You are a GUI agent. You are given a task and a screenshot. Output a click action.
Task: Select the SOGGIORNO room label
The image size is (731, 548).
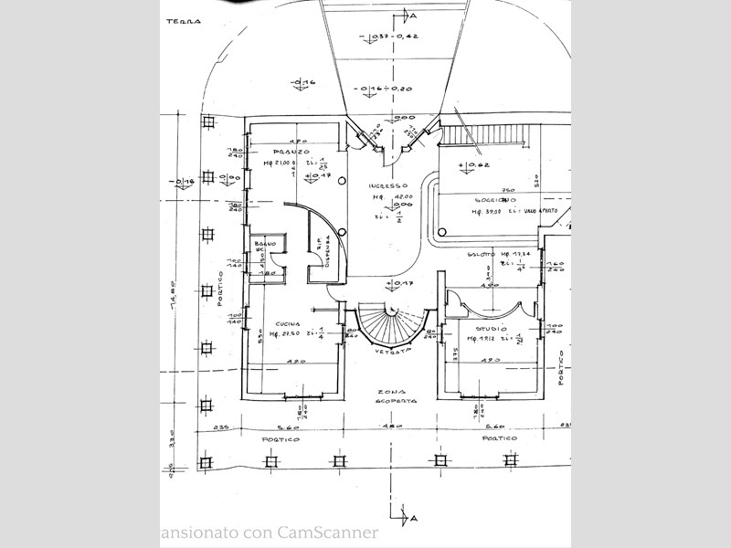tap(494, 199)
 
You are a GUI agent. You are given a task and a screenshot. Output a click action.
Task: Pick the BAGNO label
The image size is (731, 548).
tap(265, 244)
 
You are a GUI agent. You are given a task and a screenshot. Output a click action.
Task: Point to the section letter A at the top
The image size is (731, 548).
tap(413, 16)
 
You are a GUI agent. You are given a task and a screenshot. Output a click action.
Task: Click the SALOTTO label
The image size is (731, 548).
tap(482, 253)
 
